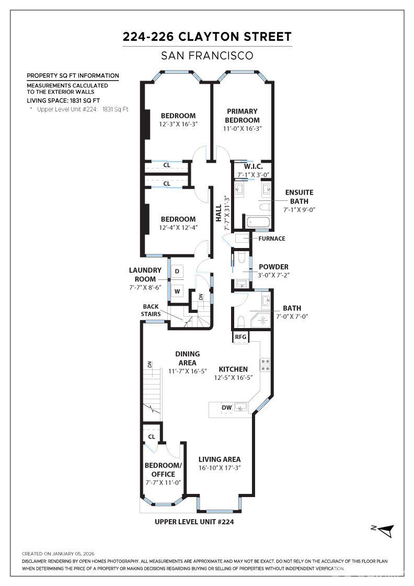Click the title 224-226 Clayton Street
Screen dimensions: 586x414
click(x=207, y=37)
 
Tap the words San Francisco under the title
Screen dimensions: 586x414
click(x=207, y=55)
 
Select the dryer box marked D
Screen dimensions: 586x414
click(x=177, y=271)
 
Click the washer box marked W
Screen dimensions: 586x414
click(x=177, y=291)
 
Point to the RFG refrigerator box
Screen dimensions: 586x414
click(x=240, y=337)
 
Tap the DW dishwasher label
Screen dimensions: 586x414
click(x=226, y=407)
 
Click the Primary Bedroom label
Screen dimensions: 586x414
click(x=242, y=116)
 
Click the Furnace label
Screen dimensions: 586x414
click(x=272, y=239)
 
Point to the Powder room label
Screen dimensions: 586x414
click(x=273, y=267)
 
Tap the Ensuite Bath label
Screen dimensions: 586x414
click(x=299, y=197)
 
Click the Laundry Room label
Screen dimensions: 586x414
click(x=145, y=275)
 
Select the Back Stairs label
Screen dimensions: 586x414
click(x=151, y=310)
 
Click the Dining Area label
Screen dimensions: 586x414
click(x=187, y=358)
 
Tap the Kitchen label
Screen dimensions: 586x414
click(x=233, y=369)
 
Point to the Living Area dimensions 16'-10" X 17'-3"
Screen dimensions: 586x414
click(x=220, y=468)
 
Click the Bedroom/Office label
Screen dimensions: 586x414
click(x=163, y=470)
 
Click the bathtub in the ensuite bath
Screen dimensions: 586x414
click(x=257, y=222)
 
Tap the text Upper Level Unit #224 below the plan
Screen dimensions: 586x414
click(x=194, y=522)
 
